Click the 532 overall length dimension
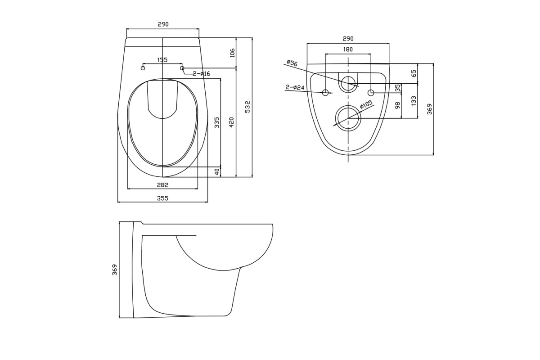[247, 107]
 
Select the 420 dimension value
[231, 122]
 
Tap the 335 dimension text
[217, 122]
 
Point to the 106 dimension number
[232, 53]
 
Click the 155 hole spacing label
[162, 60]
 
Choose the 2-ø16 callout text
[201, 73]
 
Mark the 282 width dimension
[162, 185]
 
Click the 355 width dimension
[162, 198]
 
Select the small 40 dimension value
[217, 172]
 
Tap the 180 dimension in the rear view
[347, 49]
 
